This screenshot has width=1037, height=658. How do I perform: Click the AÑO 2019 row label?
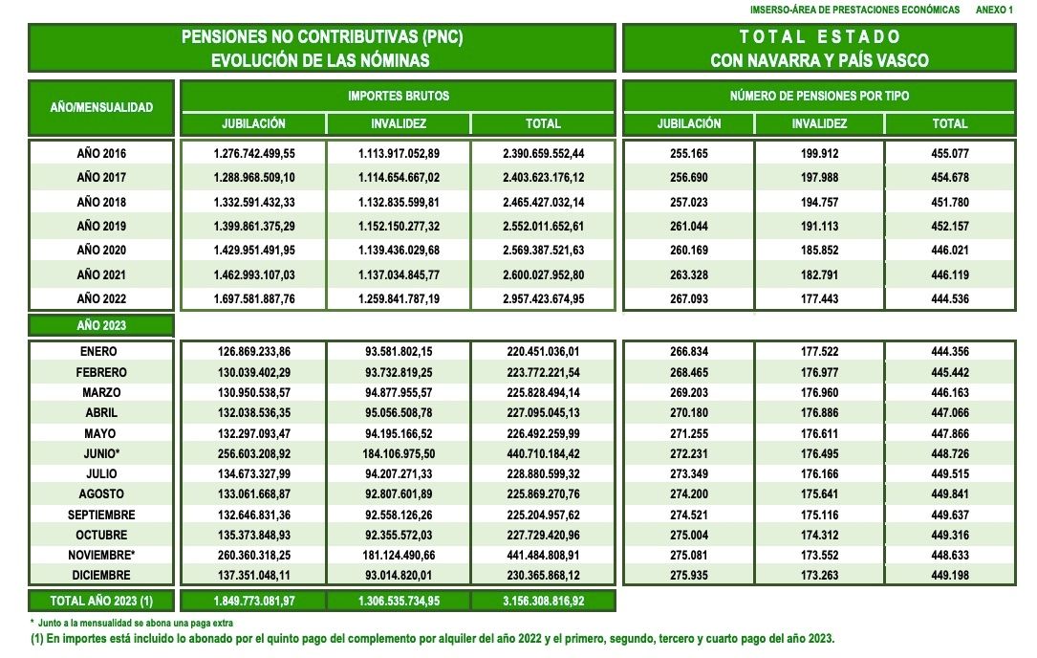pyautogui.click(x=101, y=227)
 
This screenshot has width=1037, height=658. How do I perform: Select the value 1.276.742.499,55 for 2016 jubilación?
pyautogui.click(x=253, y=153)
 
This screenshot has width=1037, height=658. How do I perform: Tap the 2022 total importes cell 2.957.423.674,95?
pyautogui.click(x=543, y=299)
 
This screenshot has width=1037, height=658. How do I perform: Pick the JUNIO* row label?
pyautogui.click(x=101, y=453)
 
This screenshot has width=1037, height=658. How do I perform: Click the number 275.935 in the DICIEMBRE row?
pyautogui.click(x=688, y=576)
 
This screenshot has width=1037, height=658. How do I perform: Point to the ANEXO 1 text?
pyautogui.click(x=994, y=9)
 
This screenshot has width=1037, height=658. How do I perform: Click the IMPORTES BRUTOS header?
pyautogui.click(x=398, y=97)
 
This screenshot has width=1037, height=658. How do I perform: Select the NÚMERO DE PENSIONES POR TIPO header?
pyautogui.click(x=819, y=97)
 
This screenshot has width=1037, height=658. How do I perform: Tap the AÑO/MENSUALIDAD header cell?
pyautogui.click(x=101, y=107)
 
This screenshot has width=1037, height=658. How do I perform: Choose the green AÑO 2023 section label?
pyautogui.click(x=101, y=325)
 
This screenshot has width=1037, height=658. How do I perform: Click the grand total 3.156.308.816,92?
pyautogui.click(x=543, y=601)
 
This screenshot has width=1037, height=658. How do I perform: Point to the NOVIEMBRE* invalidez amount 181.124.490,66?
pyautogui.click(x=398, y=556)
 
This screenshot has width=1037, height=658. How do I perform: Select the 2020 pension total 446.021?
pyautogui.click(x=950, y=251)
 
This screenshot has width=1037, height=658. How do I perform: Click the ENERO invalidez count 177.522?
pyautogui.click(x=819, y=352)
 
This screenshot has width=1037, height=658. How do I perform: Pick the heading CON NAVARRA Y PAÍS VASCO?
pyautogui.click(x=819, y=60)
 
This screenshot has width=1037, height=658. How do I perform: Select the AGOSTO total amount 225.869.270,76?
pyautogui.click(x=543, y=494)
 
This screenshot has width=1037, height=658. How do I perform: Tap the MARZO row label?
pyautogui.click(x=101, y=393)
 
